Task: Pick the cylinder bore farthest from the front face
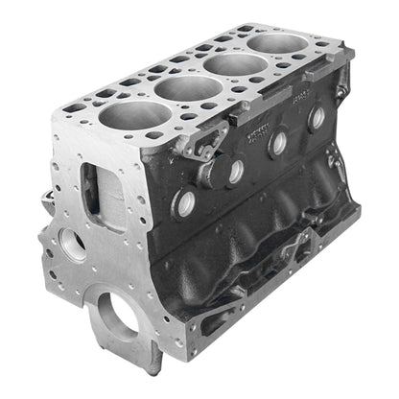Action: (x=271, y=45)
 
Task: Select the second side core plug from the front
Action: (x=233, y=171)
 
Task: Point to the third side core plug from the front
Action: (x=278, y=142)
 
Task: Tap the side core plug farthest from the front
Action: (x=317, y=117)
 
